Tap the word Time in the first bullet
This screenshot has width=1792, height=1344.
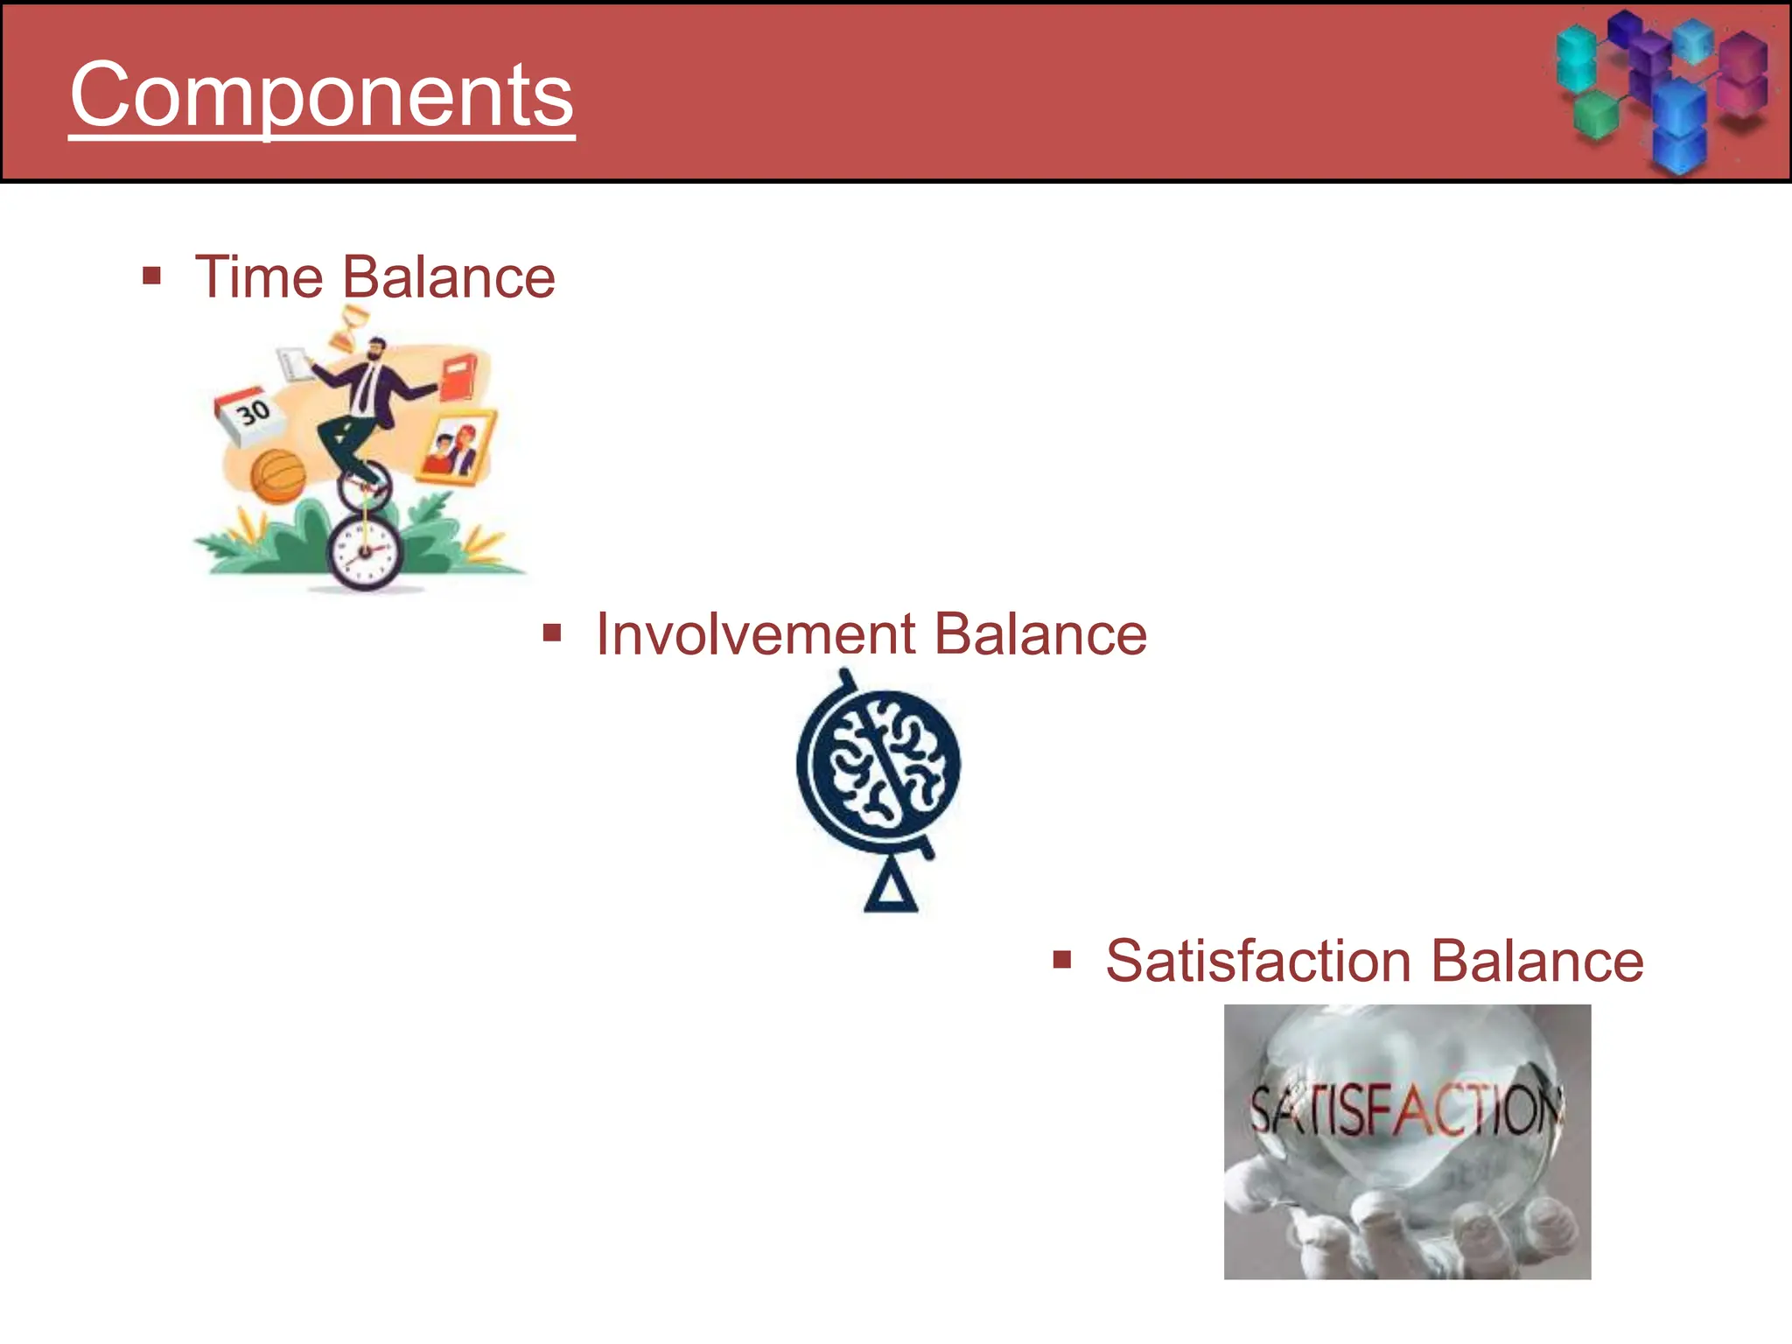point(259,277)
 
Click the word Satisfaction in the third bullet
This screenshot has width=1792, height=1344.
point(1257,961)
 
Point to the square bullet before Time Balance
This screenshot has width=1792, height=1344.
point(152,276)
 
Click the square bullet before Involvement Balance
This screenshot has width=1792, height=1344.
point(552,633)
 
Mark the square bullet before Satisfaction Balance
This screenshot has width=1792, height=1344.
point(1062,961)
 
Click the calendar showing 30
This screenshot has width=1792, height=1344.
point(250,414)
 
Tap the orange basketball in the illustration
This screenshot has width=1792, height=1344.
point(277,476)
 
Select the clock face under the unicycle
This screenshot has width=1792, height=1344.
point(365,551)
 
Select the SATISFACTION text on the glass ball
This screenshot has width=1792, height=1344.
point(1404,1109)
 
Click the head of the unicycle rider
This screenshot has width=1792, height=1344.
point(376,349)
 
